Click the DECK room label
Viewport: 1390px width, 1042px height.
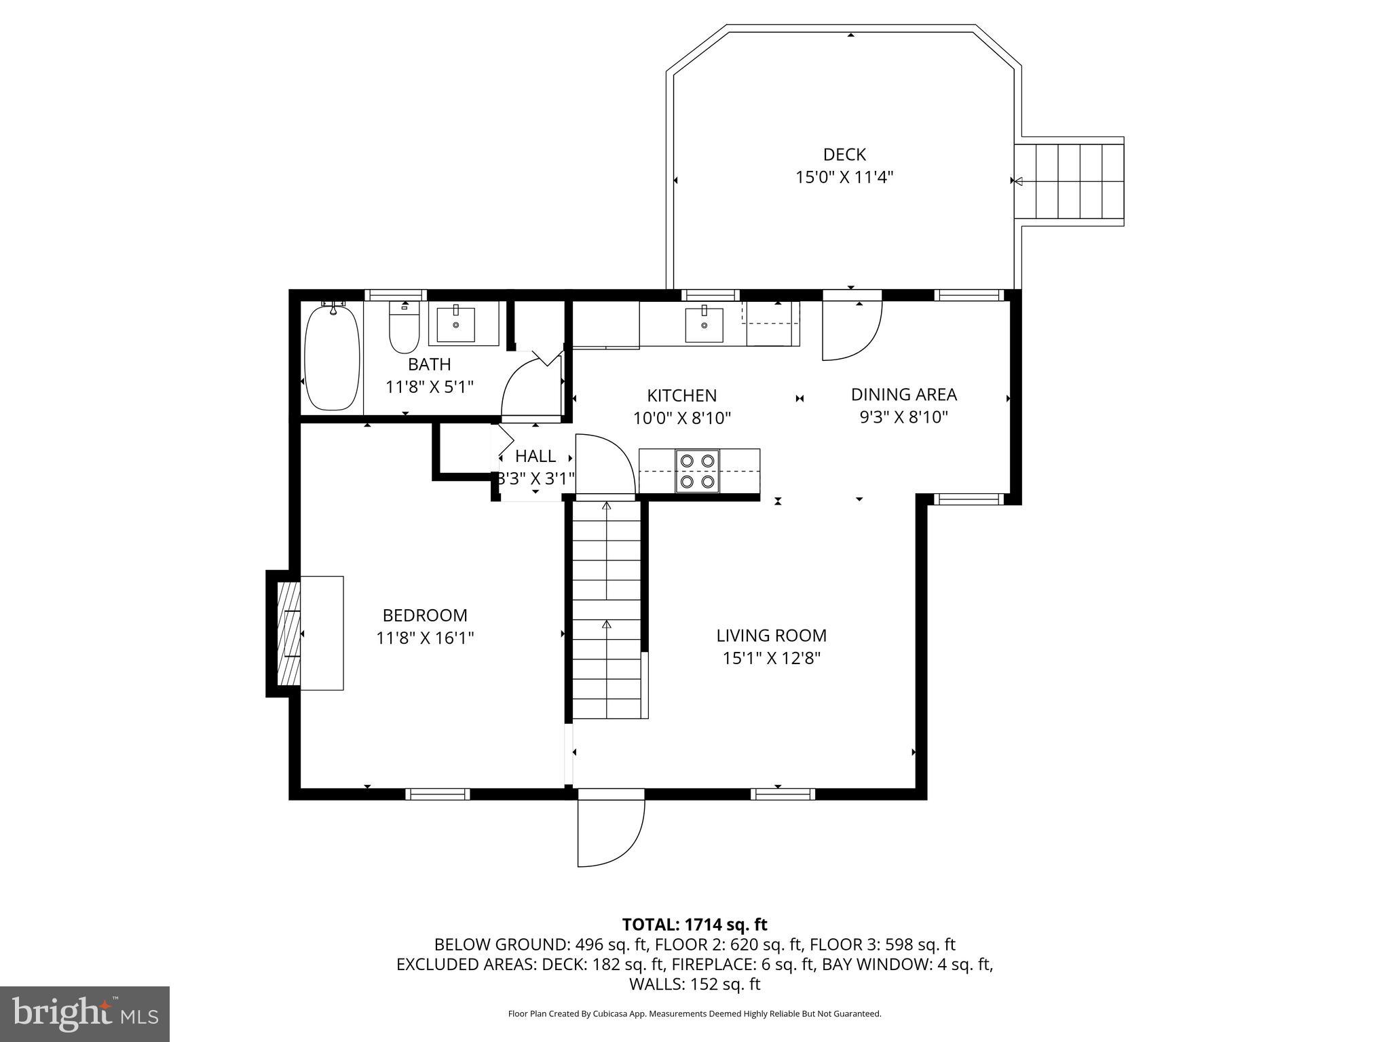pos(844,155)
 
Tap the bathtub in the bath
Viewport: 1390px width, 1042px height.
pos(331,358)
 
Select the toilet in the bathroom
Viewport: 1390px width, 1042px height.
pos(403,328)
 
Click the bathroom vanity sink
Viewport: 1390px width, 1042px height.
pos(455,324)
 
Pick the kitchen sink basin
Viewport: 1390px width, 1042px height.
pos(704,324)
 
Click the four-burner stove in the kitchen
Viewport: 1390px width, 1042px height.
pos(698,471)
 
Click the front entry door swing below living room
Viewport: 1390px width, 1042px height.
pos(609,830)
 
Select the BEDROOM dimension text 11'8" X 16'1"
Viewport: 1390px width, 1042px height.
pos(425,638)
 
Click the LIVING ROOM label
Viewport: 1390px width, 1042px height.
pos(771,636)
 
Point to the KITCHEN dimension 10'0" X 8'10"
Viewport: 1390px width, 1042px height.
pos(681,418)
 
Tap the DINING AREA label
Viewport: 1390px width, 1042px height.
pos(903,394)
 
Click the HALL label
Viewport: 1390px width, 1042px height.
pos(536,456)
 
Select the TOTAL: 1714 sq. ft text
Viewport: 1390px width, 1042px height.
pos(694,924)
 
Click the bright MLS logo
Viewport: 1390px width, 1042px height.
pos(85,1014)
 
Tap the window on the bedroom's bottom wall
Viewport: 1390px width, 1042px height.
pos(438,794)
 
